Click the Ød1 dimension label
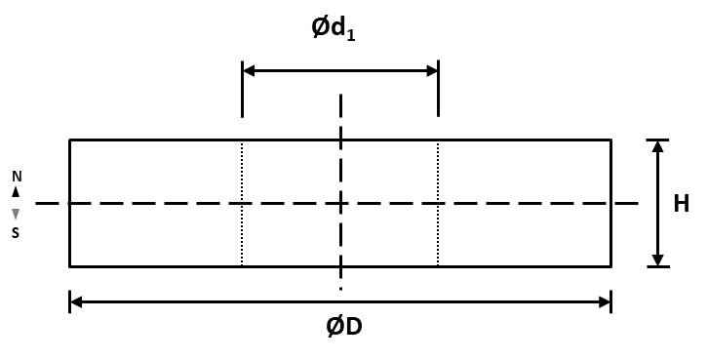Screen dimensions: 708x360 tap(334, 29)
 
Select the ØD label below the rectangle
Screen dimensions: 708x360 tap(344, 327)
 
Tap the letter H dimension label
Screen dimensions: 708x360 tap(682, 204)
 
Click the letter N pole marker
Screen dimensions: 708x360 tap(17, 177)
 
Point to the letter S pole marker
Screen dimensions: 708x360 tap(16, 232)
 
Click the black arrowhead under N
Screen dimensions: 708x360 tap(16, 192)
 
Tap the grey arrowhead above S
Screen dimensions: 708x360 tap(16, 214)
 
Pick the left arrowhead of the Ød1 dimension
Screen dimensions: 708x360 tap(249, 71)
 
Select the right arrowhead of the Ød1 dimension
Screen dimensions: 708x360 tap(432, 71)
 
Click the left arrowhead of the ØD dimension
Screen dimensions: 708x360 tap(76, 301)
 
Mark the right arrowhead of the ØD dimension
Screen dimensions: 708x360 tap(605, 301)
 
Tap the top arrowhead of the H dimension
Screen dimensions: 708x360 tap(658, 146)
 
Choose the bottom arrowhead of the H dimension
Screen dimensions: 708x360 tap(658, 260)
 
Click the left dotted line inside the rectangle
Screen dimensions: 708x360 tap(242, 203)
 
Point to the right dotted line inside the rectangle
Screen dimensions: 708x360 tap(438, 203)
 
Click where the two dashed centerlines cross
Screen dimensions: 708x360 tap(341, 203)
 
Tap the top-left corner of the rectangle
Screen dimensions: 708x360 tap(69, 140)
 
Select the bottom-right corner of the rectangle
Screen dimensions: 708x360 tap(611, 267)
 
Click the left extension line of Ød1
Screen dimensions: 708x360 tap(243, 89)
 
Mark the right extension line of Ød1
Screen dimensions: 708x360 tap(438, 89)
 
